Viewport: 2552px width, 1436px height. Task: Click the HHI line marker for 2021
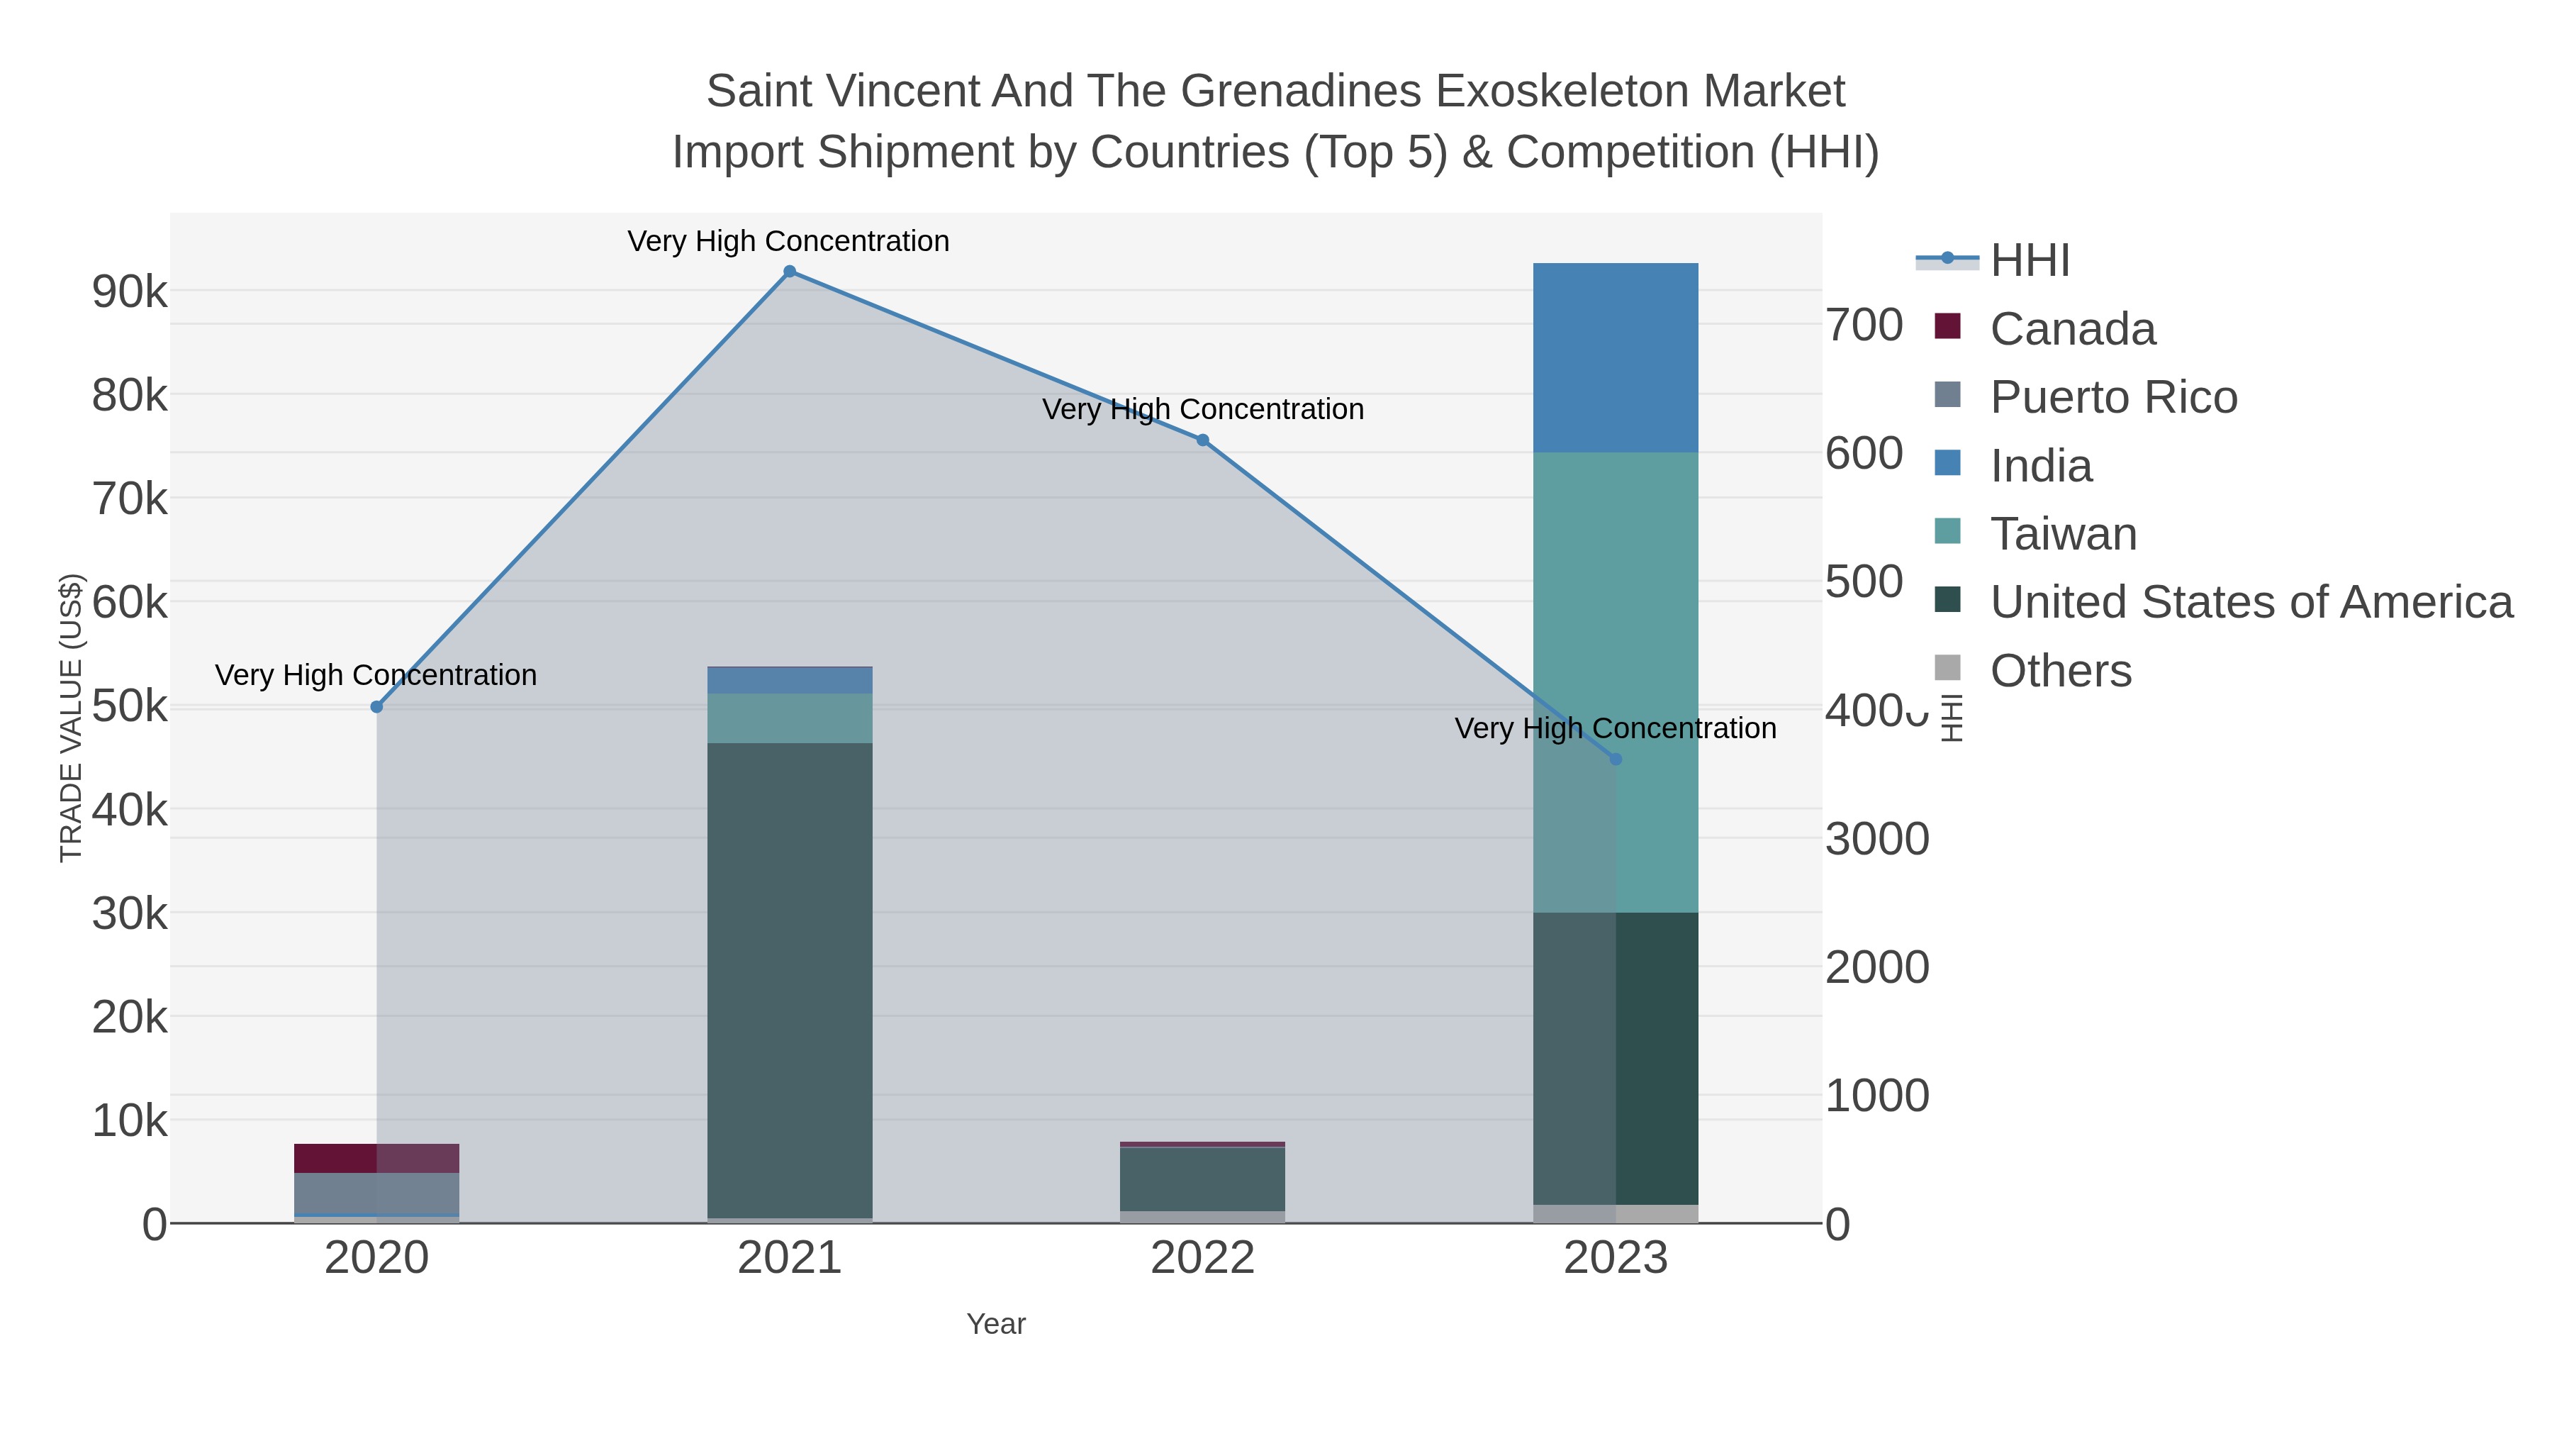pyautogui.click(x=790, y=272)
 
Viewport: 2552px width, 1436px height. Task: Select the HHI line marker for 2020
pyautogui.click(x=376, y=706)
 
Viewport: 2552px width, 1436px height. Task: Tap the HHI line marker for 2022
pyautogui.click(x=1203, y=440)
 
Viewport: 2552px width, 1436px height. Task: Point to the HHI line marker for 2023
pyautogui.click(x=1616, y=759)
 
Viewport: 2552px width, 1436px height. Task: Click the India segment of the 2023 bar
pyautogui.click(x=1616, y=357)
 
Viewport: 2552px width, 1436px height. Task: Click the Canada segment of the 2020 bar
pyautogui.click(x=376, y=1157)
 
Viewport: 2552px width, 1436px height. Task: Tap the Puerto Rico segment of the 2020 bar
pyautogui.click(x=376, y=1193)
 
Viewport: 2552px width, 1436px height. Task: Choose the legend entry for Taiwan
pyautogui.click(x=2063, y=534)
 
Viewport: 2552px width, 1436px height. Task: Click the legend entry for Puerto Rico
pyautogui.click(x=2112, y=397)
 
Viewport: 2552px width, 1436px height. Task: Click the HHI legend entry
pyautogui.click(x=2029, y=261)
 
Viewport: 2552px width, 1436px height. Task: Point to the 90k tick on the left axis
pyautogui.click(x=130, y=292)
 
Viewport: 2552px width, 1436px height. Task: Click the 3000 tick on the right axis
pyautogui.click(x=1877, y=840)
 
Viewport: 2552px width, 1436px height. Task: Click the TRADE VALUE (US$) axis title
pyautogui.click(x=72, y=718)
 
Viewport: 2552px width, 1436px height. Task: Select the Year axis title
pyautogui.click(x=996, y=1324)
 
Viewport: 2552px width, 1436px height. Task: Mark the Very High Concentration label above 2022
pyautogui.click(x=1203, y=409)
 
